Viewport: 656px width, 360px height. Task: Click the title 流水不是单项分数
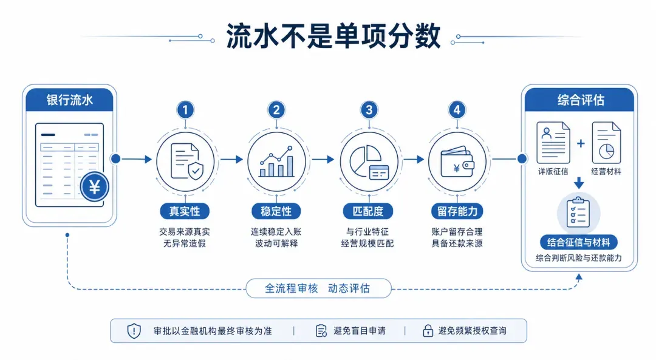click(x=333, y=36)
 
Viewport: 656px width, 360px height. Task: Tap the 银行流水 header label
click(x=69, y=100)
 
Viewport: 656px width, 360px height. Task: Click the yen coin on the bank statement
click(x=95, y=186)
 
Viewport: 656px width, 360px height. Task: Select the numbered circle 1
click(x=185, y=110)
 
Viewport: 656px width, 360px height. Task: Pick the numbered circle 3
click(x=369, y=110)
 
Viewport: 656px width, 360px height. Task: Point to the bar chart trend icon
click(x=276, y=161)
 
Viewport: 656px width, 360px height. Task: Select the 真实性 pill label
click(x=185, y=211)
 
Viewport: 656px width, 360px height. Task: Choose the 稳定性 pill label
click(x=276, y=211)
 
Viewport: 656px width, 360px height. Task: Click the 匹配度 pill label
click(x=367, y=211)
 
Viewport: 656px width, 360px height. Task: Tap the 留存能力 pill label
click(x=457, y=211)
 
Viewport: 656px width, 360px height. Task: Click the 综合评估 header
click(x=580, y=100)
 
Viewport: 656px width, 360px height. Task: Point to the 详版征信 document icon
click(x=553, y=143)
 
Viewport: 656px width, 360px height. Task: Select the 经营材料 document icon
click(x=606, y=143)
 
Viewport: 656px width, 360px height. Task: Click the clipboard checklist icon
click(x=578, y=213)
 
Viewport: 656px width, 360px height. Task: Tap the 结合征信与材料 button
click(x=579, y=242)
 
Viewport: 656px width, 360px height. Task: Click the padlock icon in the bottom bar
click(x=428, y=331)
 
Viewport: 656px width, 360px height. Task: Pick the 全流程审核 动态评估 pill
click(x=318, y=288)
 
